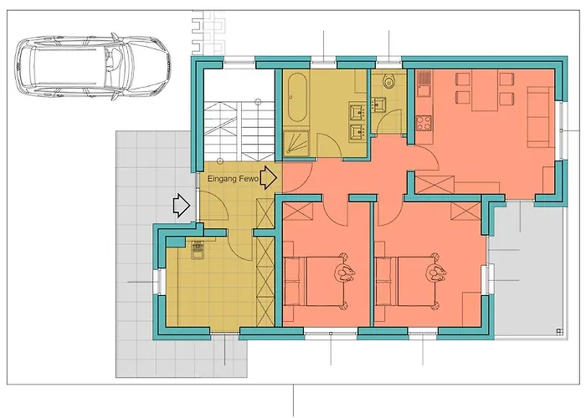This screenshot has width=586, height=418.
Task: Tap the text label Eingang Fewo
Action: (x=232, y=179)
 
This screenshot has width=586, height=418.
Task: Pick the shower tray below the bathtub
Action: (x=298, y=142)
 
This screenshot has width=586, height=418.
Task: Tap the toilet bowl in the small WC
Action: (x=389, y=84)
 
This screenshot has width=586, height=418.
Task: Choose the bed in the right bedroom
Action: (x=410, y=281)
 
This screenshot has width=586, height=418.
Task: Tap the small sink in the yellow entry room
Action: (x=198, y=251)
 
